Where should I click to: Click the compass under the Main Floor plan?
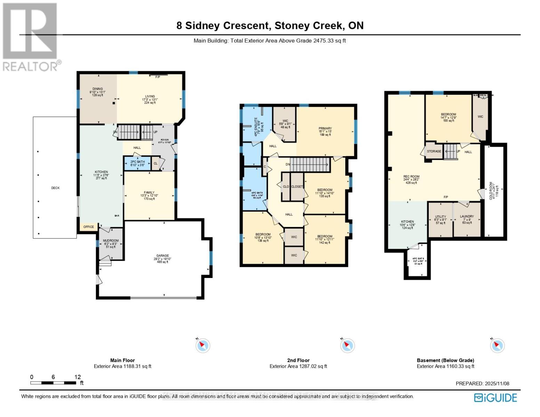pos(203,346)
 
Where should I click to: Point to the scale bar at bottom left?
pos(53,383)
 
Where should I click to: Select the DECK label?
pos(55,188)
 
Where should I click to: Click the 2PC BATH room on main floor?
pos(137,163)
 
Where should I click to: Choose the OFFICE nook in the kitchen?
pos(89,227)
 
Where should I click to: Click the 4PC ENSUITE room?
pos(256,124)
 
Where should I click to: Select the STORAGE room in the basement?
pos(434,152)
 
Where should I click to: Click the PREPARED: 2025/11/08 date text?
pos(482,384)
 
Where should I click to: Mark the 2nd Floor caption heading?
pos(298,360)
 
